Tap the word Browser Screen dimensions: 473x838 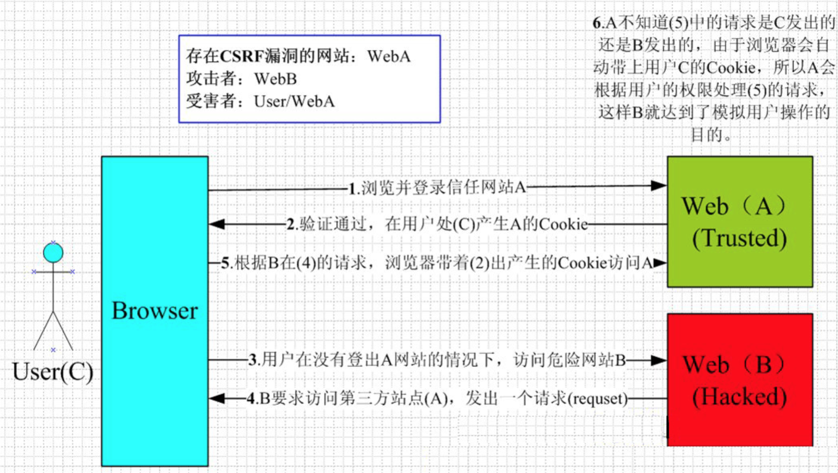(155, 311)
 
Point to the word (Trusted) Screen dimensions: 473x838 (740, 238)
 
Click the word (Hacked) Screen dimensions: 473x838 (740, 397)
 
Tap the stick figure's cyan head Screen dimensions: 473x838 (53, 253)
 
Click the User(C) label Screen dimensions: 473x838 (53, 371)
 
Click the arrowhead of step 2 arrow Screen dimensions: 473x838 (217, 224)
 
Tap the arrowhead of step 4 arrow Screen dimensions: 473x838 (217, 398)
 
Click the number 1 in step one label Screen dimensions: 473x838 (352, 188)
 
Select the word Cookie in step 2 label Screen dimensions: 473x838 (563, 224)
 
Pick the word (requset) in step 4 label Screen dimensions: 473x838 (598, 398)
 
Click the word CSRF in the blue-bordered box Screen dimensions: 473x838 (242, 56)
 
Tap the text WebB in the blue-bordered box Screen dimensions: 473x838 (275, 79)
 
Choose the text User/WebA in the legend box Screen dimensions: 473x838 (294, 101)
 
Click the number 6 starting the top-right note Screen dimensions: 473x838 (597, 23)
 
